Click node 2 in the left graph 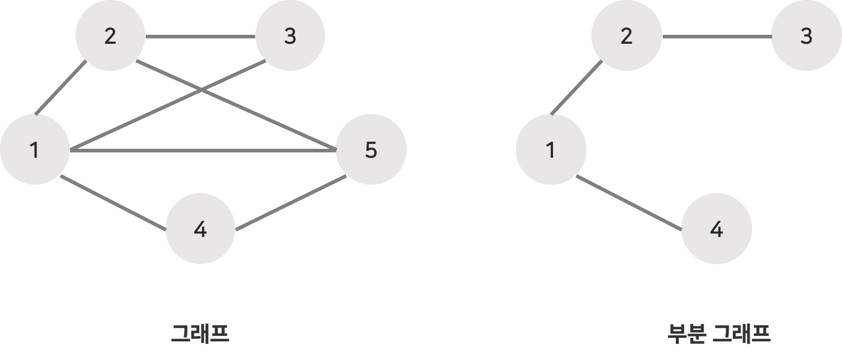[x=110, y=37]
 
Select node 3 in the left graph [x=290, y=37]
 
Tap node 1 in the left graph [x=35, y=150]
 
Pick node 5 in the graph [x=371, y=150]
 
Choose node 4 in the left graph [x=200, y=229]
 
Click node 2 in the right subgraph [x=627, y=37]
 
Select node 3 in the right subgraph [x=806, y=37]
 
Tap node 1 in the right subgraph [x=551, y=150]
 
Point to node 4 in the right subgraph [x=716, y=229]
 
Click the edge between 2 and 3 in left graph [x=200, y=37]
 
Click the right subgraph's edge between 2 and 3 [x=717, y=37]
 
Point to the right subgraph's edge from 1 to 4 [x=629, y=203]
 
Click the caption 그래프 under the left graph [x=200, y=333]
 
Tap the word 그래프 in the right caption [x=741, y=333]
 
